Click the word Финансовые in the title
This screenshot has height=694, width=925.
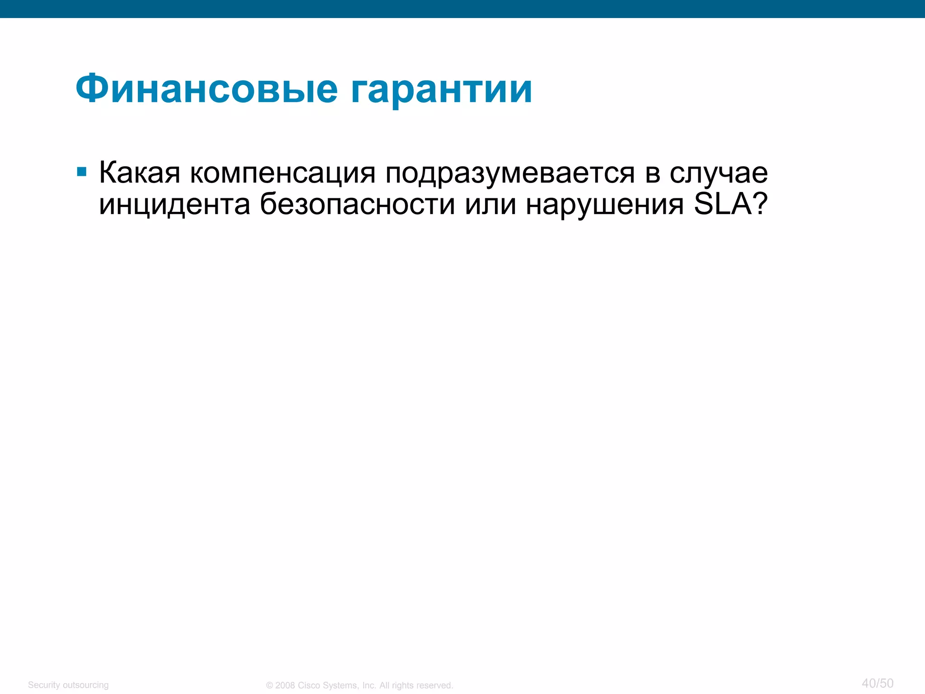point(206,89)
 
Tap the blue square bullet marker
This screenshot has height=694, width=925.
point(82,172)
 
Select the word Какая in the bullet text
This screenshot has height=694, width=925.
point(140,173)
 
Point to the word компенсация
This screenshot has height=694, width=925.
point(282,173)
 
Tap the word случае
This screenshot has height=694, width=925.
point(719,173)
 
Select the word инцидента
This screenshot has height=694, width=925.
point(174,205)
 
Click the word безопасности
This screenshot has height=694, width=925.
point(357,205)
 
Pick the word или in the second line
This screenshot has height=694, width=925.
point(491,205)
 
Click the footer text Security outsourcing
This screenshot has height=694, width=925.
point(68,685)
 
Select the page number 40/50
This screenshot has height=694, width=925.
point(877,683)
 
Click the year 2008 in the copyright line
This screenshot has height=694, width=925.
point(285,685)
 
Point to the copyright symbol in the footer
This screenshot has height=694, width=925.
point(270,685)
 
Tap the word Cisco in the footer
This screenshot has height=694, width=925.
point(308,685)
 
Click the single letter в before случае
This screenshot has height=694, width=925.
point(652,173)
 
